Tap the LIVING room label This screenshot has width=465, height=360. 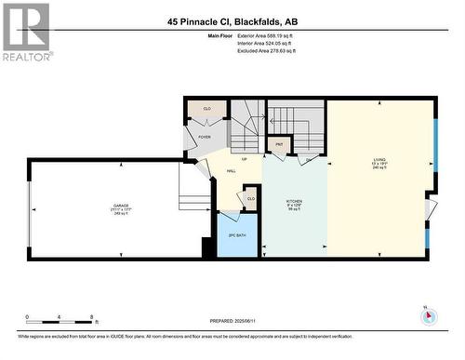click(x=379, y=159)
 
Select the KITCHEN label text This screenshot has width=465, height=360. click(x=294, y=200)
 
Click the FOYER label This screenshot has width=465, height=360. click(x=204, y=137)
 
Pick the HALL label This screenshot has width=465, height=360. click(x=231, y=170)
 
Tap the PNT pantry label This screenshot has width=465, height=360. click(x=279, y=144)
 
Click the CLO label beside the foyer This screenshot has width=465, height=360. click(x=207, y=109)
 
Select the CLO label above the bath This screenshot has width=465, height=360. click(x=250, y=198)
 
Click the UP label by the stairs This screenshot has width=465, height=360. click(x=245, y=158)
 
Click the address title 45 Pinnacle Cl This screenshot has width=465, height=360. click(x=232, y=20)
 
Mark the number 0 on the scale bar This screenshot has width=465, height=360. click(x=27, y=317)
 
